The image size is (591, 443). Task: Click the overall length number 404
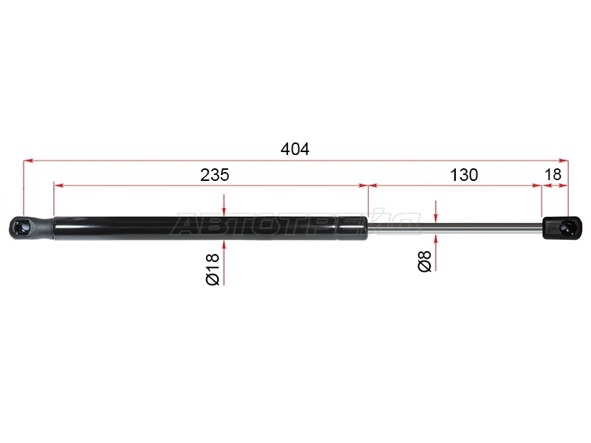point(295,149)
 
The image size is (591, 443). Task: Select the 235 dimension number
point(214,175)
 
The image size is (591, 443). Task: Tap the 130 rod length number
point(464,175)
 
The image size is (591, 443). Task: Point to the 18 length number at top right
point(553,174)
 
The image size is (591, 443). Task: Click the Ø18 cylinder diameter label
point(213,269)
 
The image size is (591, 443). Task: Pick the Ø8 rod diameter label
point(424,261)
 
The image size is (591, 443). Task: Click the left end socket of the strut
point(32,228)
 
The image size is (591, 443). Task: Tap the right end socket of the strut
point(562,227)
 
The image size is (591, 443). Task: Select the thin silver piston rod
point(455,228)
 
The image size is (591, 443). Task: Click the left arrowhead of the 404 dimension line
point(28,161)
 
